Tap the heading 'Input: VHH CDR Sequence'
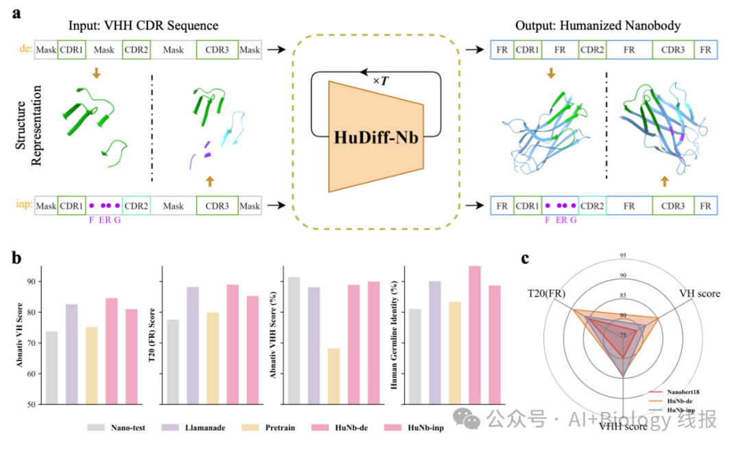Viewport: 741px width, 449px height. (x=143, y=26)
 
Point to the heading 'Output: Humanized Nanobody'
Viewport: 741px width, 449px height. (x=598, y=26)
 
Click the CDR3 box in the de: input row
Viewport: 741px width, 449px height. (x=217, y=49)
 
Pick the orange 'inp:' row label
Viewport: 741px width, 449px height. (x=23, y=205)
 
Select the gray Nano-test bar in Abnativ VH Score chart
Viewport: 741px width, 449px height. (x=52, y=367)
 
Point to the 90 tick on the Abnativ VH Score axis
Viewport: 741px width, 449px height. (x=32, y=281)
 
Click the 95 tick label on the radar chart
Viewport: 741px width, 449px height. (x=622, y=256)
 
